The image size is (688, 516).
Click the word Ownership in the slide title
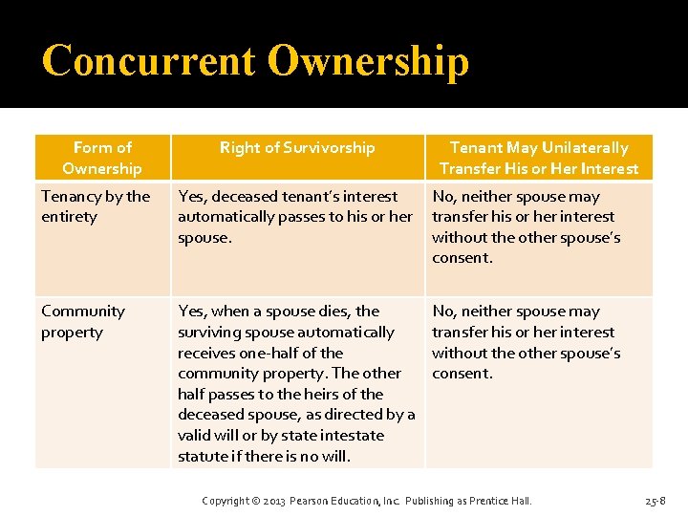369,60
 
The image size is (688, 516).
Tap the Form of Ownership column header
102,158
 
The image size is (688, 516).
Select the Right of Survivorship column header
297,148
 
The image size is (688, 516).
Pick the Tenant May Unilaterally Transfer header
539,158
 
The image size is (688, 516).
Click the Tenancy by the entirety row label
96,206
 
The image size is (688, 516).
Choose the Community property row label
83,321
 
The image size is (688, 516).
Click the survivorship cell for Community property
296,383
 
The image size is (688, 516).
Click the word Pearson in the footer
312,501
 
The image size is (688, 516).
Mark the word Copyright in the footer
226,501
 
